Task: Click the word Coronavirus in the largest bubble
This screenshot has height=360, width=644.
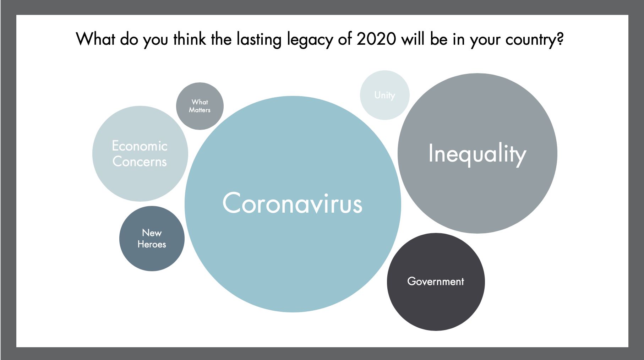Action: point(292,203)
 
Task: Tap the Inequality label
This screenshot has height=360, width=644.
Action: point(477,154)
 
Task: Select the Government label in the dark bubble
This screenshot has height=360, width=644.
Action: point(436,282)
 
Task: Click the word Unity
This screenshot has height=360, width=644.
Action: point(384,95)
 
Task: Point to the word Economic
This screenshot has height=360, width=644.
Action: point(140,146)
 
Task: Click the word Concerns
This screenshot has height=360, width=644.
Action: point(140,162)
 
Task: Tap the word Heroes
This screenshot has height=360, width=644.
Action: point(152,244)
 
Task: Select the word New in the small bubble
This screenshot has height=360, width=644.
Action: point(152,233)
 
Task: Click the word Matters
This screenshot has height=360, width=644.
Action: point(200,110)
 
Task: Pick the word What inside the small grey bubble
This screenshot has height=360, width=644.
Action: point(200,102)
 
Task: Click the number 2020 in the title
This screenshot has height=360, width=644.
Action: point(376,39)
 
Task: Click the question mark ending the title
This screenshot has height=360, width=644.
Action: point(560,39)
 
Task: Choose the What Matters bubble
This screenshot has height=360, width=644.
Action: point(200,106)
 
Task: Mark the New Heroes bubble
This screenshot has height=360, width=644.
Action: point(152,239)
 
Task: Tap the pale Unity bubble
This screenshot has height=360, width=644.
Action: point(385,95)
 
